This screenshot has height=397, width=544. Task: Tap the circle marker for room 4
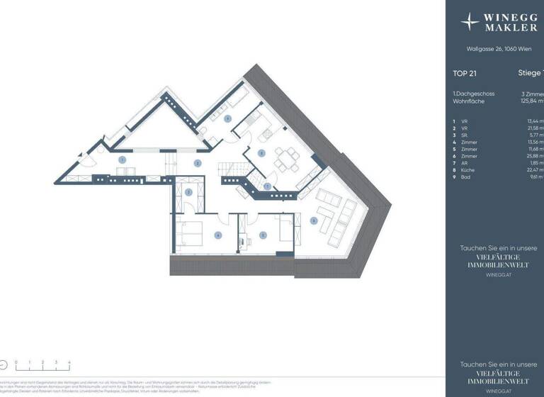218,235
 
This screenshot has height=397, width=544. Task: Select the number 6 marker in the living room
314,220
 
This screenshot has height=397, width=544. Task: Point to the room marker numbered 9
228,119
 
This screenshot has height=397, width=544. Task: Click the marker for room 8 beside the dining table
261,152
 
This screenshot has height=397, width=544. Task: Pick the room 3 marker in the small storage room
188,192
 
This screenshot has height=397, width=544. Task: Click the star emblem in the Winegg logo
470,22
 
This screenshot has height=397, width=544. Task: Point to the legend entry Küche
472,170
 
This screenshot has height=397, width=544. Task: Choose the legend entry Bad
469,178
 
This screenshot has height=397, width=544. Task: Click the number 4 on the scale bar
69,362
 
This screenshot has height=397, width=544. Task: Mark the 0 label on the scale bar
16,362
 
